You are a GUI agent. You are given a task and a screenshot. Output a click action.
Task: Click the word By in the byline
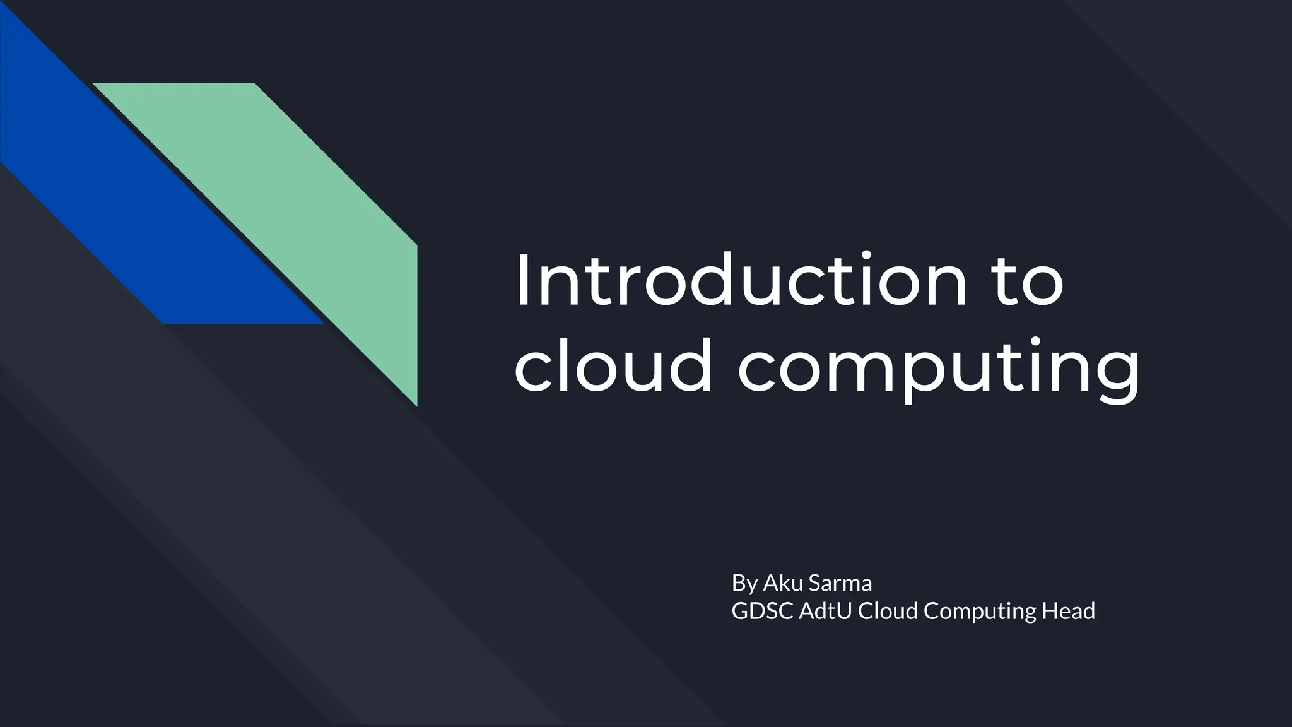(744, 583)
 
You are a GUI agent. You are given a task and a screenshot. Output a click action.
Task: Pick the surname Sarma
(840, 583)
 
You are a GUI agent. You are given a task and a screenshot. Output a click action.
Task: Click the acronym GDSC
(761, 611)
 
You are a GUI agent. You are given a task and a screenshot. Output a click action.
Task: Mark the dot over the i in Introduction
(867, 255)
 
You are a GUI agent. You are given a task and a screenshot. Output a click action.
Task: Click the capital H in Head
(1050, 611)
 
